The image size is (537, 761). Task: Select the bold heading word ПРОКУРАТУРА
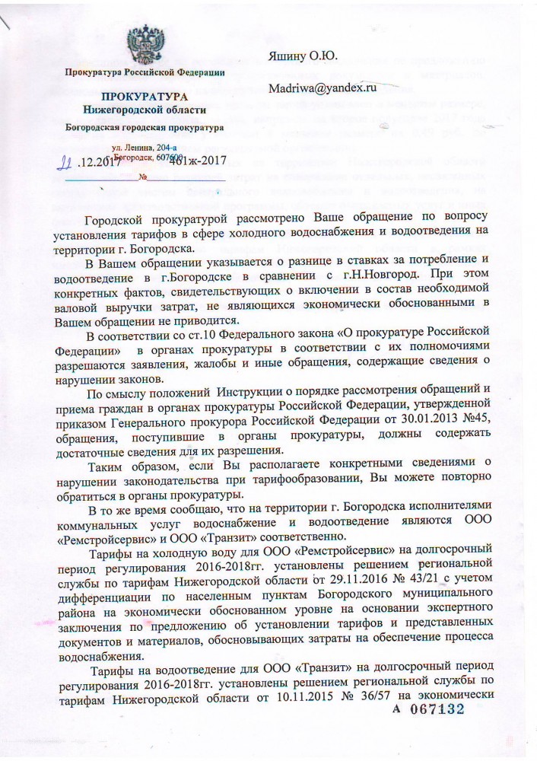pyautogui.click(x=145, y=98)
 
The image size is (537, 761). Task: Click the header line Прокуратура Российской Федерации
pyautogui.click(x=145, y=72)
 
